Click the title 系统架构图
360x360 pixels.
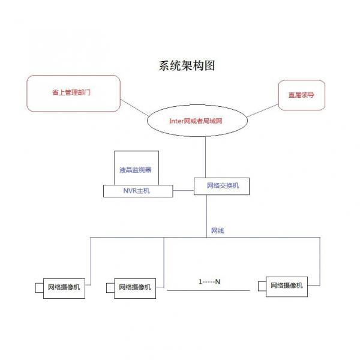click(x=187, y=65)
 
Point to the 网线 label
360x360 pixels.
click(x=217, y=230)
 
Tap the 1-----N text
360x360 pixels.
click(x=209, y=281)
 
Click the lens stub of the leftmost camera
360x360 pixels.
click(x=39, y=288)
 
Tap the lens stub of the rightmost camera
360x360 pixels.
click(x=262, y=286)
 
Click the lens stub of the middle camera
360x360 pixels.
click(x=110, y=288)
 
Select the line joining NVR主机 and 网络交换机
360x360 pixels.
click(x=183, y=191)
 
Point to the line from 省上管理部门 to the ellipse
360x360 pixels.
click(x=134, y=107)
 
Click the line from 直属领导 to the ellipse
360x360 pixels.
click(x=262, y=110)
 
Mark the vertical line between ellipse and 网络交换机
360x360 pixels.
click(x=205, y=157)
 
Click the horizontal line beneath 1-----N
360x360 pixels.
click(x=208, y=290)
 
